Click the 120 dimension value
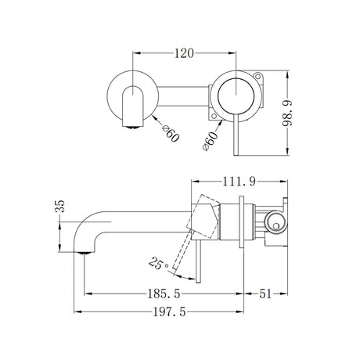click(185, 54)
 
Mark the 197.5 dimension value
click(169, 312)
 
